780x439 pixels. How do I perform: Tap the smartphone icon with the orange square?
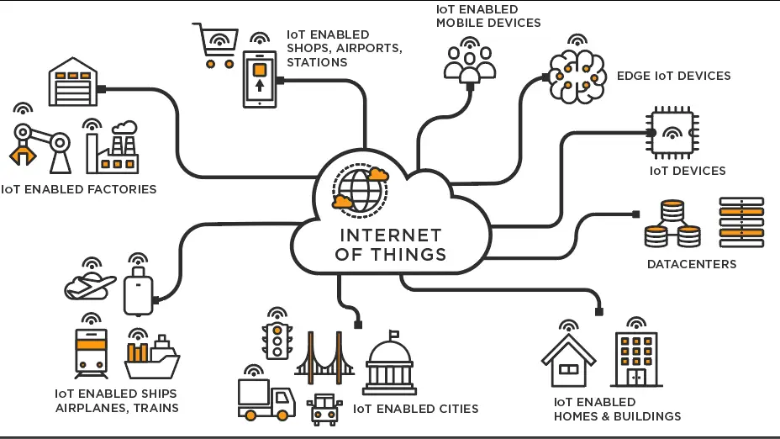[260, 78]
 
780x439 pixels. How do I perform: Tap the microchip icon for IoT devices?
[673, 133]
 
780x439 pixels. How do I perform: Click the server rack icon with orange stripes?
[741, 222]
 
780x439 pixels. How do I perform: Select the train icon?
[91, 354]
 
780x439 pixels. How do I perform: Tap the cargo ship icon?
[151, 358]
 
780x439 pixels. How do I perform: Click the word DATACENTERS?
[691, 264]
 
